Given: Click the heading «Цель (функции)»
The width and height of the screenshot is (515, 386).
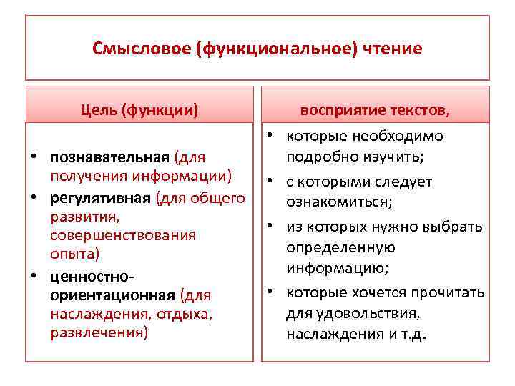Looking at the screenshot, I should pos(139,110).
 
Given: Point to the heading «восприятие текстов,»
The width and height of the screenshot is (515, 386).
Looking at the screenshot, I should pos(375,110).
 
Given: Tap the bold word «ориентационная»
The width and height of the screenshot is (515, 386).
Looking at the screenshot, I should pos(113,295).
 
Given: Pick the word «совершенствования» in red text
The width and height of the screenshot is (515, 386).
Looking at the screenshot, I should pos(123,235).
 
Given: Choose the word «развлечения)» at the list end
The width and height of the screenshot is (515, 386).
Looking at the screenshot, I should pos(99,333).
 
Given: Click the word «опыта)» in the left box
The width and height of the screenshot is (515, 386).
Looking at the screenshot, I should pos(75,254).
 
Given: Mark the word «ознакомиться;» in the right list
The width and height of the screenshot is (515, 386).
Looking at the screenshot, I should pos(339,202).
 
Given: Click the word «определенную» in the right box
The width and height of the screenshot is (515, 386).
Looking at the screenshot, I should pos(340,248).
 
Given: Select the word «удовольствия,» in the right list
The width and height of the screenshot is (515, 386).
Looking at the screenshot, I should pos(353,313).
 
